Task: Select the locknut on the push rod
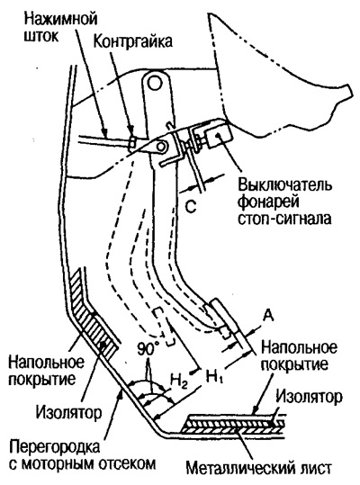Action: (131, 143)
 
